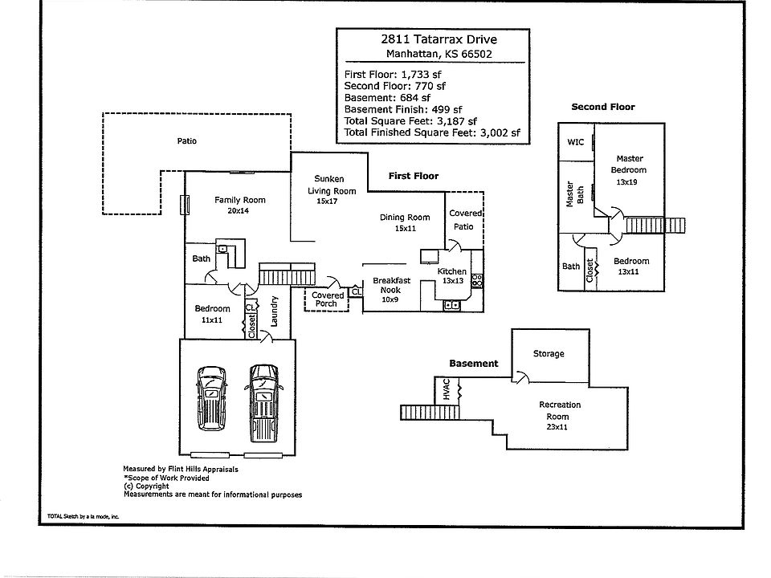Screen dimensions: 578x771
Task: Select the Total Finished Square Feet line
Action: pos(432,132)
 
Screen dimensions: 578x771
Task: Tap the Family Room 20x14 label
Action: pos(239,206)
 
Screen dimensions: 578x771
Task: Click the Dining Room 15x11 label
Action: pos(406,222)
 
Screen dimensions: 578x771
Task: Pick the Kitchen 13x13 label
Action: pos(451,276)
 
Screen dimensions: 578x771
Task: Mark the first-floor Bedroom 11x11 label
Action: pos(213,314)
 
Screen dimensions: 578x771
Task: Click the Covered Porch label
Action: pos(328,299)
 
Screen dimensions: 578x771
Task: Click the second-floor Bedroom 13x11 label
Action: pos(631,267)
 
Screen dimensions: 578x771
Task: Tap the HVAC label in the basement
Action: pos(447,391)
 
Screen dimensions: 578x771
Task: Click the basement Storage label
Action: pos(549,354)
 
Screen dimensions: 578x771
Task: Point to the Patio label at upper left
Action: pos(186,141)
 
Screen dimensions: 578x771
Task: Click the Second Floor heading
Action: pos(602,107)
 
